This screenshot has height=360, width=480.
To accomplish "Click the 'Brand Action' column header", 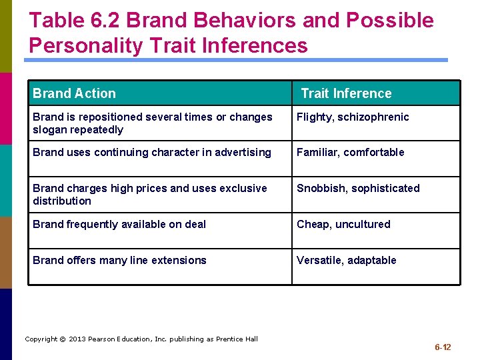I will [x=74, y=93].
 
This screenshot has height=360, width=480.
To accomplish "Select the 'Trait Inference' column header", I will [x=346, y=93].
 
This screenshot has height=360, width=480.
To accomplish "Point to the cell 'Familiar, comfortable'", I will [x=350, y=153].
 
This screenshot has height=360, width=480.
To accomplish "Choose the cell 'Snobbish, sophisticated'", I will [x=358, y=189].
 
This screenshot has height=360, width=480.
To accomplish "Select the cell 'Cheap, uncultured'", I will [x=343, y=225].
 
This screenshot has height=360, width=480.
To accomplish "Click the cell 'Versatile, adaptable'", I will [x=346, y=261].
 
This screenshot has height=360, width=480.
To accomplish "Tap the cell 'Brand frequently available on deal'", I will [x=119, y=225].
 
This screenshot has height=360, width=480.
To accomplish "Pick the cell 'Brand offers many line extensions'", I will [x=119, y=261].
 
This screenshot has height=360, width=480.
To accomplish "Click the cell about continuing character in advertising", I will [x=152, y=153].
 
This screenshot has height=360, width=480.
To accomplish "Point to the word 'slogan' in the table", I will [x=49, y=130].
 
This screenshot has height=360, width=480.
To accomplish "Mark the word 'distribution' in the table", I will [x=62, y=201].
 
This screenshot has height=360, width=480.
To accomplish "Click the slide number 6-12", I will [x=443, y=347].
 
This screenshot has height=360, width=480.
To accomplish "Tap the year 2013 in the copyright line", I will [x=77, y=339].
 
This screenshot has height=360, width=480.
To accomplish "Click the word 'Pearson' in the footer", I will [x=103, y=339].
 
